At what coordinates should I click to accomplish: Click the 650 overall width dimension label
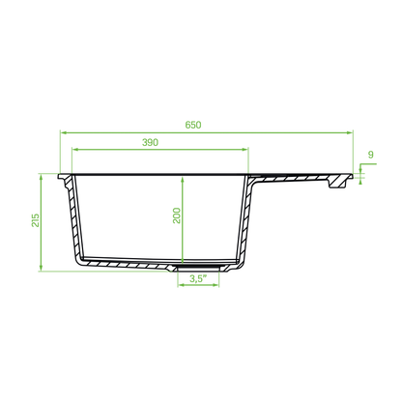coord(193,125)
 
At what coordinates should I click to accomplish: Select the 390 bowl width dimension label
coord(150,142)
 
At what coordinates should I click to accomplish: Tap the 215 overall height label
coord(36,220)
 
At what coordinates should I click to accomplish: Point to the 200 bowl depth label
coord(177,215)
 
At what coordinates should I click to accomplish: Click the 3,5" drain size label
coord(198,278)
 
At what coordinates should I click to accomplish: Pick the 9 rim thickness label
coord(371,155)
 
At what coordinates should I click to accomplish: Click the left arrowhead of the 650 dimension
coord(64,132)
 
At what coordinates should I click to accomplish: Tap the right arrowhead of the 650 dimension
coord(350,132)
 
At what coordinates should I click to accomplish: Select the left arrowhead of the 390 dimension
coord(75,149)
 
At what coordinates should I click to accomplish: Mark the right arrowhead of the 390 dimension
coord(245,149)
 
